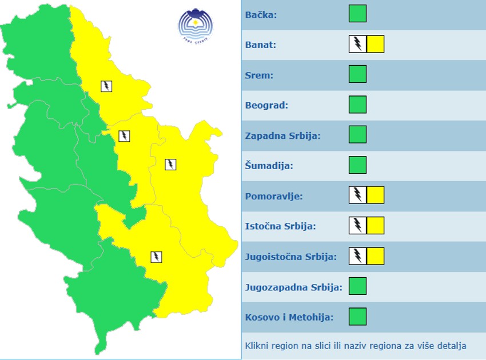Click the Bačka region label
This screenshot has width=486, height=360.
tap(261, 14)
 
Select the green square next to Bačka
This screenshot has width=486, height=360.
tap(357, 14)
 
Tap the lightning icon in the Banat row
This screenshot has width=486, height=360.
tap(357, 44)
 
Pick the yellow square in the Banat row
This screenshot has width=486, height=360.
tap(375, 44)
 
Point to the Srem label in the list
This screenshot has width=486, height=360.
tap(259, 75)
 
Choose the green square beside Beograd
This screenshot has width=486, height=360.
tap(357, 105)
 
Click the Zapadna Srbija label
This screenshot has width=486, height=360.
tap(282, 135)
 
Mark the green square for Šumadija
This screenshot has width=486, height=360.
tap(357, 165)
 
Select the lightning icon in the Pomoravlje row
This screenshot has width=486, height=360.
tap(357, 195)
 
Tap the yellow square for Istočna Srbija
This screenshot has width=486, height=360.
tap(375, 226)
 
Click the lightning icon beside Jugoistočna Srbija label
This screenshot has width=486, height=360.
tap(357, 256)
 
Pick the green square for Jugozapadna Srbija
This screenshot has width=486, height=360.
tap(357, 286)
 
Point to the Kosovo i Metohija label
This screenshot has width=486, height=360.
tap(289, 317)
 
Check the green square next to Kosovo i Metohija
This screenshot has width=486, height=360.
tap(357, 317)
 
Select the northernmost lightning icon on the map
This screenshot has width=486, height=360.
tap(106, 86)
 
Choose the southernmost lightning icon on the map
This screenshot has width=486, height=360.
tap(156, 257)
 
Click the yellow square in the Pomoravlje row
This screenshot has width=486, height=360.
tap(375, 195)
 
